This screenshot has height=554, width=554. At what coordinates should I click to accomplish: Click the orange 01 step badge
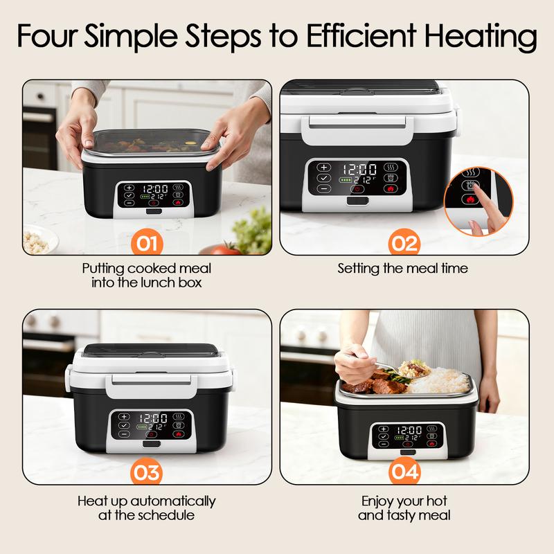[147, 244]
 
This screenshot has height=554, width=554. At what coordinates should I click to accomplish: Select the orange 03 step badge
[147, 473]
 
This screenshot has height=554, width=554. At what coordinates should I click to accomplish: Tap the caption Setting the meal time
[402, 268]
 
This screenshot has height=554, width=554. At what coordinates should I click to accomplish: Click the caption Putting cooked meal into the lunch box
[146, 275]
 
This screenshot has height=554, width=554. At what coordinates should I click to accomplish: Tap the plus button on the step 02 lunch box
[324, 168]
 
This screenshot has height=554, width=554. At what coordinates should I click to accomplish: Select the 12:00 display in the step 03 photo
[152, 418]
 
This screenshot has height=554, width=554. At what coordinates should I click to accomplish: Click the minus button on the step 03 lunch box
[124, 434]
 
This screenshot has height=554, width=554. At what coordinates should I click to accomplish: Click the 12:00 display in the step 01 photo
[155, 188]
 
